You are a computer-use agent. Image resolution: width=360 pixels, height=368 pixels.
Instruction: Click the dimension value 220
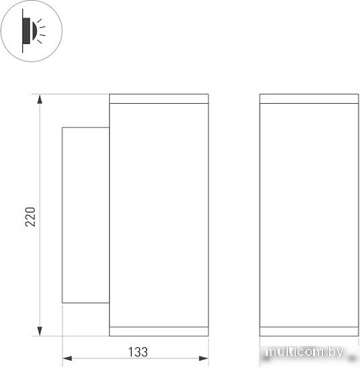29,215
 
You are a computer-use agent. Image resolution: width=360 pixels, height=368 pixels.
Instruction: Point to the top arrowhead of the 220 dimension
39,98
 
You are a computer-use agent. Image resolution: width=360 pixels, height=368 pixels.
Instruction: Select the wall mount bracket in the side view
85,214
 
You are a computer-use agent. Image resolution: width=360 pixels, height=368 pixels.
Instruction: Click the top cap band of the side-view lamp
159,99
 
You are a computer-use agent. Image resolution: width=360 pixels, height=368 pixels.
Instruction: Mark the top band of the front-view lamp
310,99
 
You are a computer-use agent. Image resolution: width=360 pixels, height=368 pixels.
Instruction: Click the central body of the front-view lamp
310,214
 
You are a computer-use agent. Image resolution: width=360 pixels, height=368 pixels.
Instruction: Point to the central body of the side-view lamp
159,214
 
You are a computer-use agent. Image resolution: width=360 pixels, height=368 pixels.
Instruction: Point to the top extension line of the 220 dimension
74,94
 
